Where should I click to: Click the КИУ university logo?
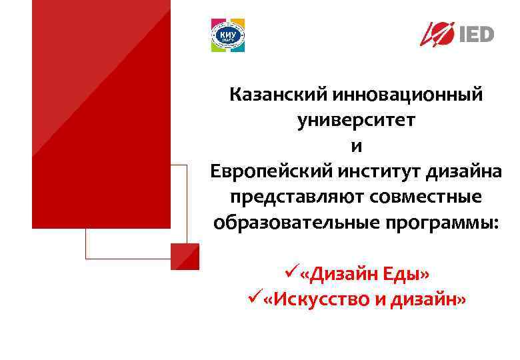(x=228, y=35)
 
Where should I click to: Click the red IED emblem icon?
(x=438, y=33)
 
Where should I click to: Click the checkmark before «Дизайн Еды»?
(x=289, y=273)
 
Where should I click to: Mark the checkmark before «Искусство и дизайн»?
(x=253, y=298)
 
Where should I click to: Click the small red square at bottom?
(x=185, y=256)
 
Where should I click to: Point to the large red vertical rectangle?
(x=101, y=113)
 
